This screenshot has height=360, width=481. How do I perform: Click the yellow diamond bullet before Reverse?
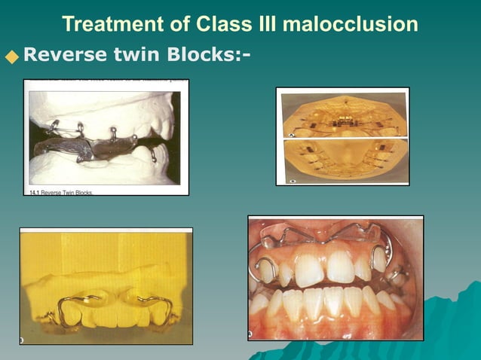[x=11, y=56]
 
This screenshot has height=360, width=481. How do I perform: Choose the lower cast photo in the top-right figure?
[x=342, y=160]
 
